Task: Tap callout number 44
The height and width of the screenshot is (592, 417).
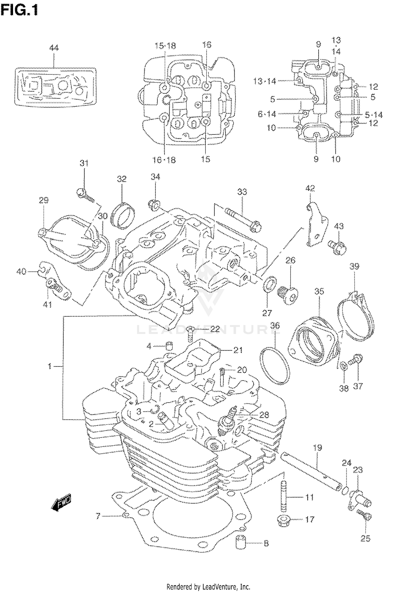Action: pyautogui.click(x=54, y=48)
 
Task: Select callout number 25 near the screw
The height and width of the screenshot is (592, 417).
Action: pyautogui.click(x=365, y=538)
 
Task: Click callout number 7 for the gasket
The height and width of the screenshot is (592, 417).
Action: pyautogui.click(x=98, y=516)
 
